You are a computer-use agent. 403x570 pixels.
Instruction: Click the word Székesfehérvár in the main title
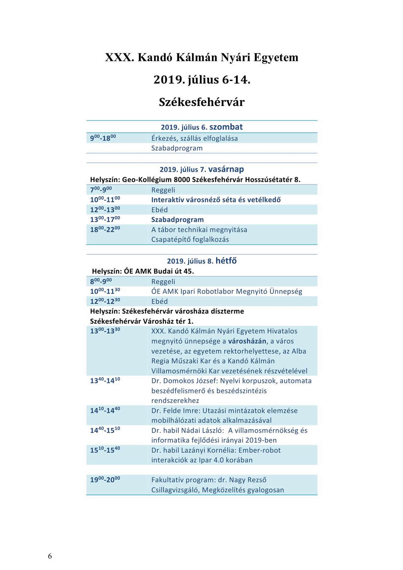[201, 102]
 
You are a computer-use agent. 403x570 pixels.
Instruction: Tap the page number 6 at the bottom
[50, 556]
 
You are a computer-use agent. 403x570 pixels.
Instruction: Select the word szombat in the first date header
[226, 127]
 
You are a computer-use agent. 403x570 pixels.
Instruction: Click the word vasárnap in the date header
[226, 169]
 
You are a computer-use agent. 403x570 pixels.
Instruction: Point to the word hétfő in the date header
[226, 261]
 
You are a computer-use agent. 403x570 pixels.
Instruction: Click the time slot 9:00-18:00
[103, 138]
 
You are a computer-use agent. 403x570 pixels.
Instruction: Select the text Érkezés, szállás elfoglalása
[194, 138]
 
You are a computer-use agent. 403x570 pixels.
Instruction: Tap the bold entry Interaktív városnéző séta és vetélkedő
[216, 200]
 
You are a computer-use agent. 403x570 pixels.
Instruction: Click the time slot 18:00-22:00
[105, 229]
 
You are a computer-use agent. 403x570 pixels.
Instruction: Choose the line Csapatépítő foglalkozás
[190, 239]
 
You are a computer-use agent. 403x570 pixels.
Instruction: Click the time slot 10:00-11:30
[105, 291]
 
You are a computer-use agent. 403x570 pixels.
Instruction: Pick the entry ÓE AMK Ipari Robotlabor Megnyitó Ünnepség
[226, 291]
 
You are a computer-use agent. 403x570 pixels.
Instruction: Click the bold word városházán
[247, 341]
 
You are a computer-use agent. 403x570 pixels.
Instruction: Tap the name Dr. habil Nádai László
[187, 430]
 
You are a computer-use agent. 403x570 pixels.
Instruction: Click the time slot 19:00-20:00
[105, 480]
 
